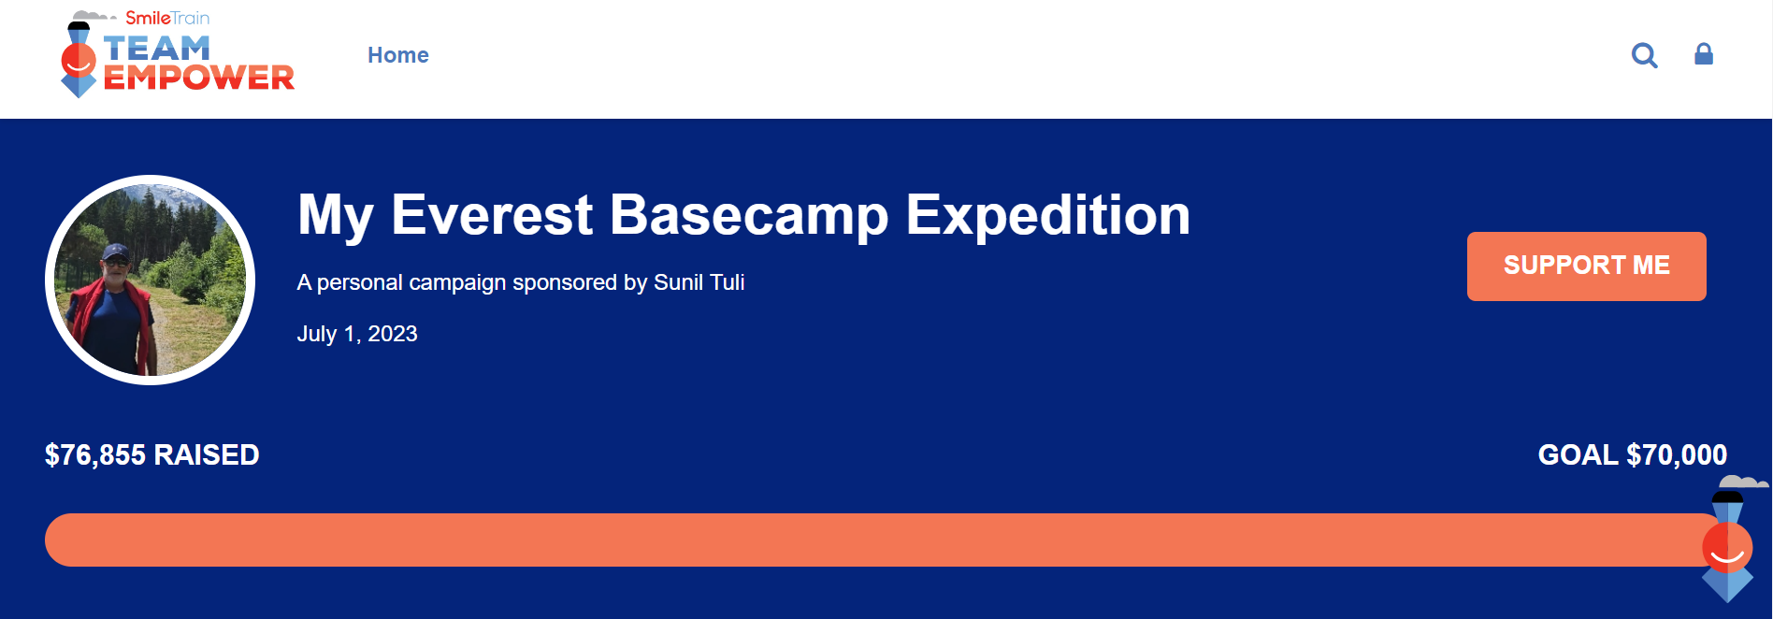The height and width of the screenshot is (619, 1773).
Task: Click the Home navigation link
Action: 398,55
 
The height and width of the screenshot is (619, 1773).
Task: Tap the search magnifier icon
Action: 1644,56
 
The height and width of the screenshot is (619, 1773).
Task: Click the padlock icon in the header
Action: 1704,54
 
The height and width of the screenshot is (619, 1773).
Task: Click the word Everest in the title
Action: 492,215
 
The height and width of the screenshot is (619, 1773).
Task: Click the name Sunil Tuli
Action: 699,282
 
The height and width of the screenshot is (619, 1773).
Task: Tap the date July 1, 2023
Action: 357,334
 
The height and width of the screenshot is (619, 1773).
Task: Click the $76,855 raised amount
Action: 95,455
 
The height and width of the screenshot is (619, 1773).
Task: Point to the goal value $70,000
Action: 1677,455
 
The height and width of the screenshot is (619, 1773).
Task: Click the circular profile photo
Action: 150,280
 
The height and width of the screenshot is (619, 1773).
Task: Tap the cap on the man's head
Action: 115,252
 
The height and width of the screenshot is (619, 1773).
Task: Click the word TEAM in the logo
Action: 156,49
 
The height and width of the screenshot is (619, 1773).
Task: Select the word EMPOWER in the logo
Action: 198,78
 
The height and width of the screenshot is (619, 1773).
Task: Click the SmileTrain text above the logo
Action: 167,18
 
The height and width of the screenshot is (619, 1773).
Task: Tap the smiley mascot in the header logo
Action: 79,60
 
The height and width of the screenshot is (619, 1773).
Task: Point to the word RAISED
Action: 207,455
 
